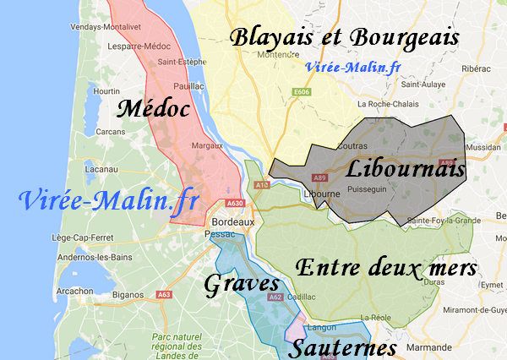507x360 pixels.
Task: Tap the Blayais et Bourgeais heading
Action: click(345, 38)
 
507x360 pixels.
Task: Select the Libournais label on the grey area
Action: click(406, 169)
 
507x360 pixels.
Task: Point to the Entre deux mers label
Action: click(386, 268)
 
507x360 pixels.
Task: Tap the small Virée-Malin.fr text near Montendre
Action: click(353, 68)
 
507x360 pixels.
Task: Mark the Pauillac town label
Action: click(189, 86)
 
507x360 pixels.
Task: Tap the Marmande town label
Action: click(429, 346)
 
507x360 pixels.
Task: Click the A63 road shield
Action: click(164, 294)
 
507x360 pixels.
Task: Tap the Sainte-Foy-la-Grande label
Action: click(444, 221)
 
